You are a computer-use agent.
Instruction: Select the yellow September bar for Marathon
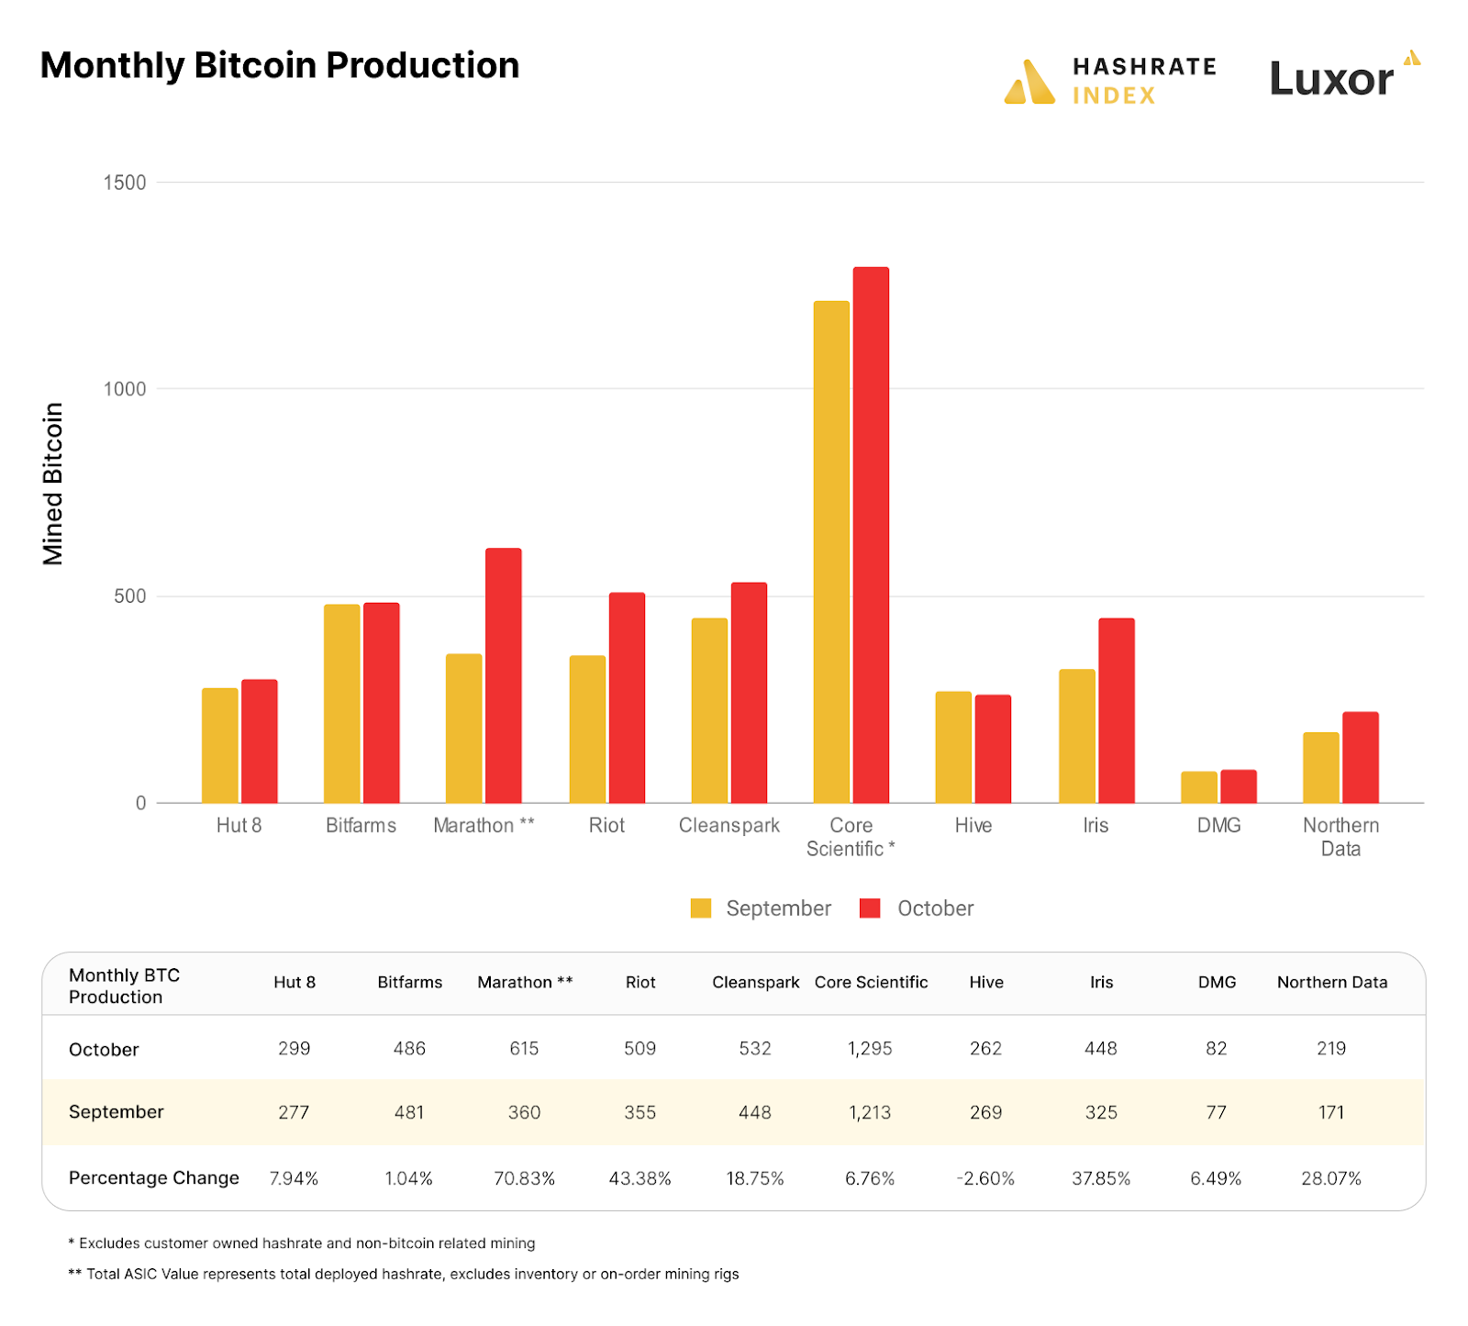click(463, 729)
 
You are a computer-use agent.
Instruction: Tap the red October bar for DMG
click(1239, 786)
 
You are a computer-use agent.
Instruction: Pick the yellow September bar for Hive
click(953, 747)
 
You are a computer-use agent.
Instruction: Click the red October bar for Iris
click(1117, 710)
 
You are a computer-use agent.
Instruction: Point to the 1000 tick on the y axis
click(125, 389)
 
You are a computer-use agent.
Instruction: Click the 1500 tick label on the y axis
click(125, 183)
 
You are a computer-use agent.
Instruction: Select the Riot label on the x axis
click(606, 826)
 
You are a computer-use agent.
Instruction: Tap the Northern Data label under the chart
click(1340, 837)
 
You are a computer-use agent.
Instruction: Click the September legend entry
click(762, 908)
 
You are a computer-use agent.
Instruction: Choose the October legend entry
click(917, 908)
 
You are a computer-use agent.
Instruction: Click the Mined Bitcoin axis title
click(53, 484)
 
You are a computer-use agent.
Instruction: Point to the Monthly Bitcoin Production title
click(280, 66)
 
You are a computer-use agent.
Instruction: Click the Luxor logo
click(1344, 77)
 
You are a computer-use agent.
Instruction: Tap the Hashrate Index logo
click(1110, 81)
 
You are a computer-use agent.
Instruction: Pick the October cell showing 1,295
click(870, 1048)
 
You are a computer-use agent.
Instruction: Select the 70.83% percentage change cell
click(524, 1178)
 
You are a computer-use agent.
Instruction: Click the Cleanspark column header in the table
click(755, 982)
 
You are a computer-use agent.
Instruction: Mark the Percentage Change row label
click(154, 1178)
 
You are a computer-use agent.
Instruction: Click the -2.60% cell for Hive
click(985, 1178)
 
